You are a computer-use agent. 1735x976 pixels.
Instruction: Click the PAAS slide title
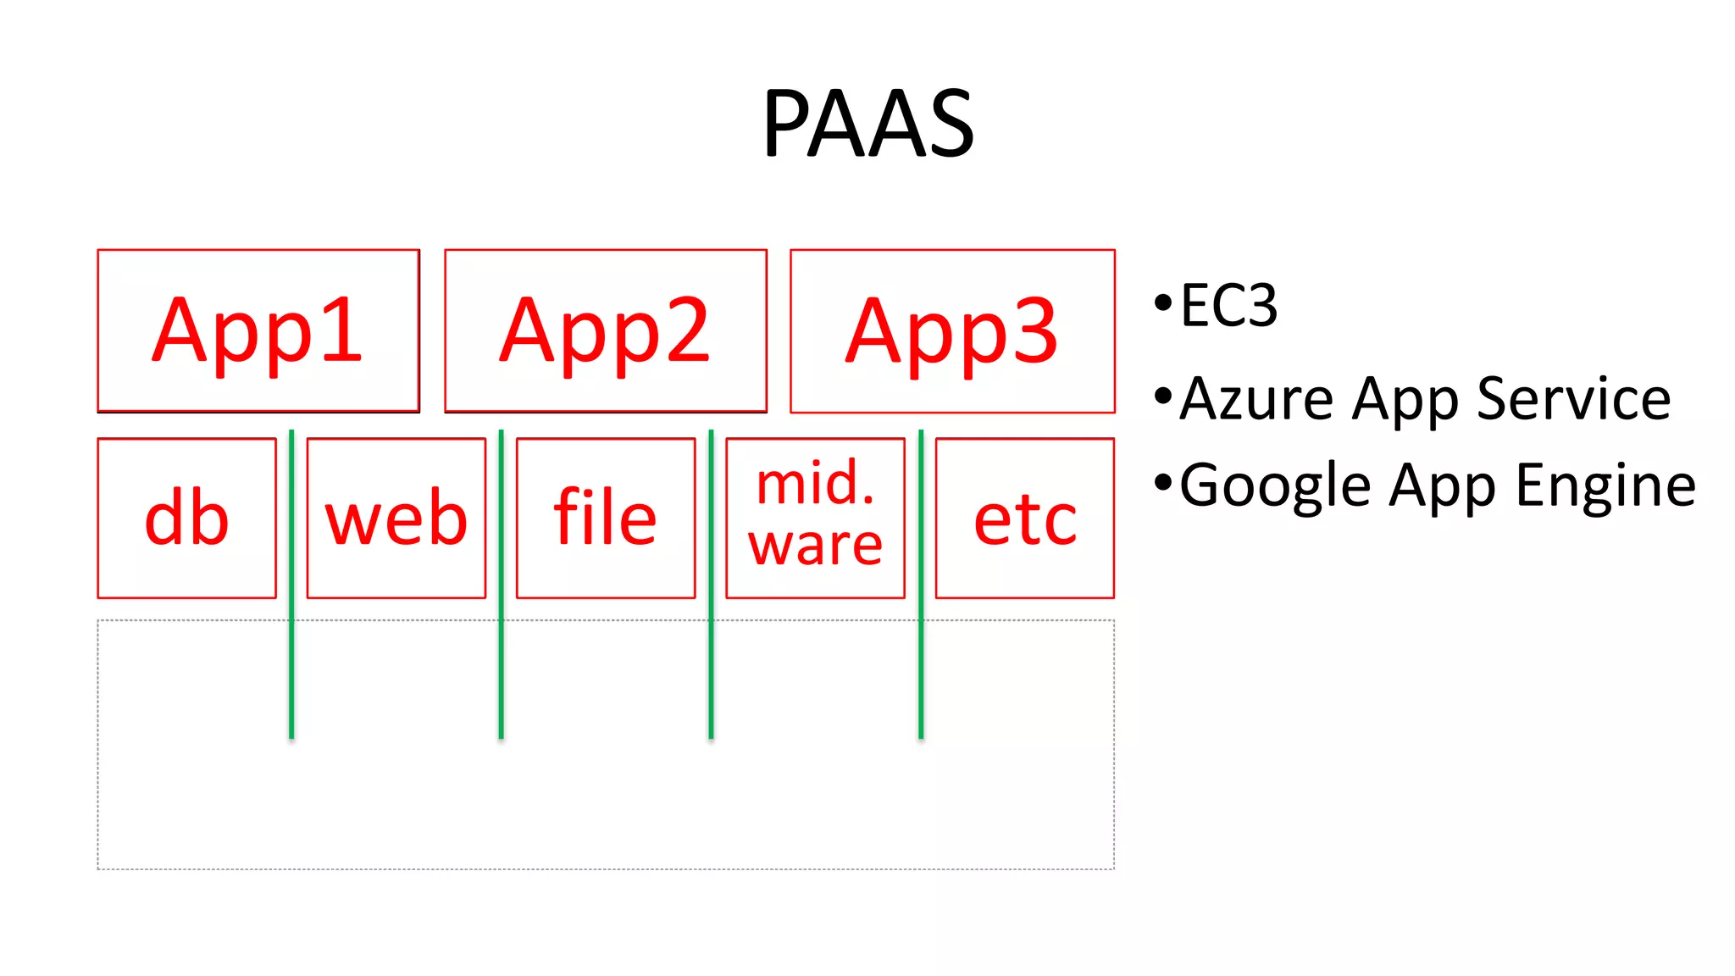[x=867, y=125]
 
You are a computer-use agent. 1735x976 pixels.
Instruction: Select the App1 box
[x=258, y=330]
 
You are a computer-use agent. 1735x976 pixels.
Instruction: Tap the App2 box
[x=605, y=330]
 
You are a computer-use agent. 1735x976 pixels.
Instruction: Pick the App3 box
[x=952, y=330]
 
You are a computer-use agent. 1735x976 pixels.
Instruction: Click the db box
[x=186, y=518]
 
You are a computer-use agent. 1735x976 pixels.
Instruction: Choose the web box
[x=396, y=518]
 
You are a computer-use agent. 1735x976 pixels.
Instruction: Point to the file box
[x=605, y=518]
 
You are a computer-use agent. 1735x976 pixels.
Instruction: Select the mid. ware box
[x=815, y=518]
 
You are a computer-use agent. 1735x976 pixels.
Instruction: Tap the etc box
[x=1024, y=518]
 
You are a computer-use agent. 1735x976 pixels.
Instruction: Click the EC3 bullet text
[x=1228, y=306]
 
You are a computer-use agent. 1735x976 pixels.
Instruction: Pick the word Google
[x=1275, y=486]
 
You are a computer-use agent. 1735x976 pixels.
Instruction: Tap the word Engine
[x=1605, y=486]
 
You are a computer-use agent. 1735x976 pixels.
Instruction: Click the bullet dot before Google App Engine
[x=1163, y=484]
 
